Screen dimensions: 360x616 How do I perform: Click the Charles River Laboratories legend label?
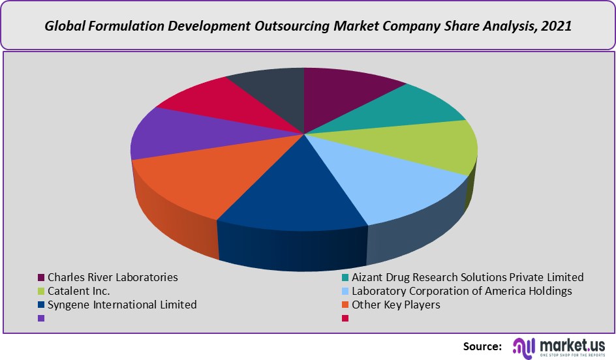pos(112,277)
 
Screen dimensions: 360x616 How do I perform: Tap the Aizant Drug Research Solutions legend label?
pos(467,277)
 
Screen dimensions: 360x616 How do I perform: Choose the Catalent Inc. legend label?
pos(78,291)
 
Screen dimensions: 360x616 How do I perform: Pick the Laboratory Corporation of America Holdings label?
pos(461,291)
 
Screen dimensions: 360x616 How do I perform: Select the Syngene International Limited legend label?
pos(122,305)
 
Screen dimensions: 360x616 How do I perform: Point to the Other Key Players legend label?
pos(395,305)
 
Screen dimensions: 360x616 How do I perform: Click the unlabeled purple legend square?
pos(41,318)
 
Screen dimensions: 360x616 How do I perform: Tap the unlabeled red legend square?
pos(345,318)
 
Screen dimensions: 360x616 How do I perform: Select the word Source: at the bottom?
pos(482,346)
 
